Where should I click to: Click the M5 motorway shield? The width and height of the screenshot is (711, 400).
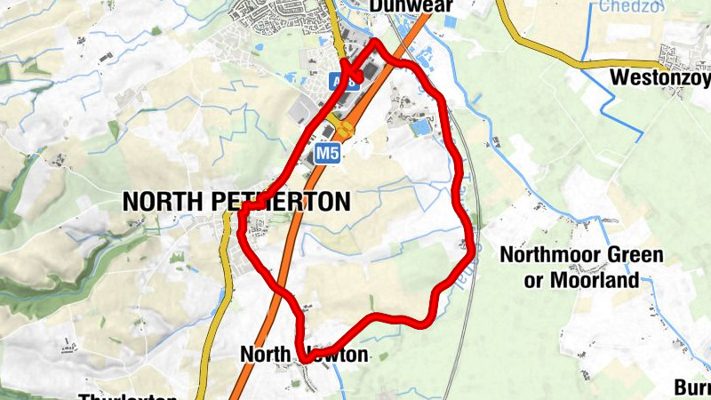(x=328, y=154)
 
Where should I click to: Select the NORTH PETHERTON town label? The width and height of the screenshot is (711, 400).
(x=236, y=202)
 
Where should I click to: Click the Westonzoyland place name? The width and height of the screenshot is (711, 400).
(x=660, y=78)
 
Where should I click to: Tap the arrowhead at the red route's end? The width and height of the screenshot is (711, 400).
(x=349, y=74)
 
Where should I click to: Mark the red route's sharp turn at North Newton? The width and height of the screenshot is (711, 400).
(x=303, y=359)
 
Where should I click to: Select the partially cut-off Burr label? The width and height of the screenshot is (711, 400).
(x=691, y=388)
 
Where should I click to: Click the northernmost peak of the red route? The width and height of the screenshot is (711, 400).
(x=377, y=42)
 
